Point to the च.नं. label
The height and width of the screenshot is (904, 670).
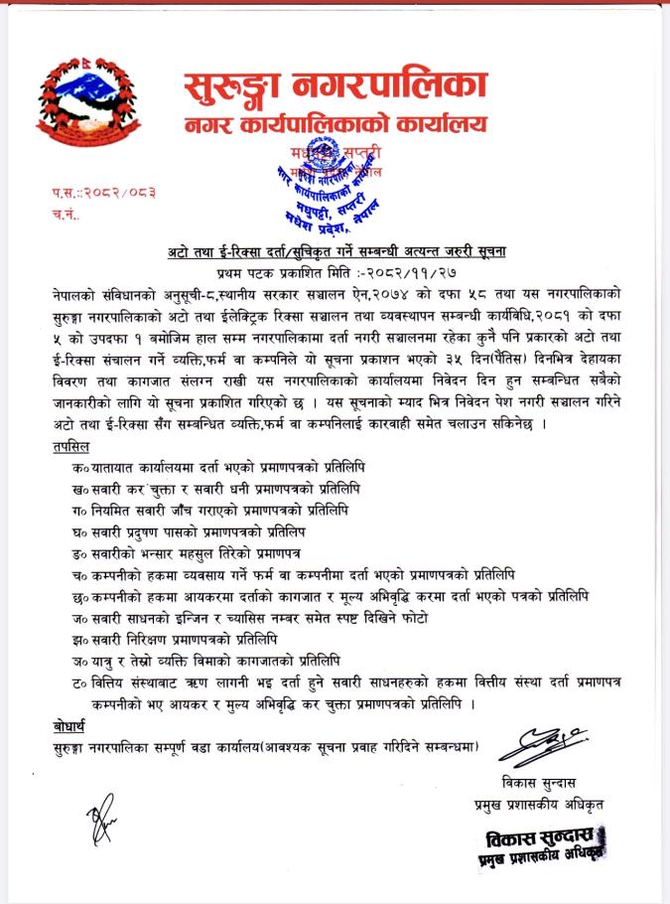point(64,213)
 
